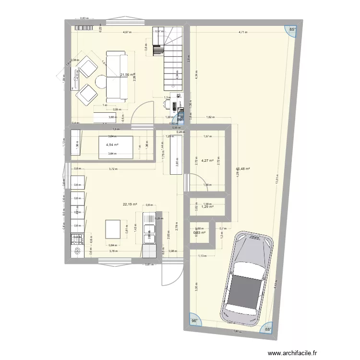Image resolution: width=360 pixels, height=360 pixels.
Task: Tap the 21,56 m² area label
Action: [127, 75]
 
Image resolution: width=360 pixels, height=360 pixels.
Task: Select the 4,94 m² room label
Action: [112, 144]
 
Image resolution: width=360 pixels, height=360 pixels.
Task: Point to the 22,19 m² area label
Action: [130, 204]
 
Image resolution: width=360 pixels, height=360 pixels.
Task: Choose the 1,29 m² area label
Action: [207, 207]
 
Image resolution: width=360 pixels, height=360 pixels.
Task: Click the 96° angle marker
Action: [194, 321]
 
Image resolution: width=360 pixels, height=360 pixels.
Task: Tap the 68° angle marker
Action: [268, 330]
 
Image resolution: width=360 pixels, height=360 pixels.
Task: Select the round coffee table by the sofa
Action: [102, 82]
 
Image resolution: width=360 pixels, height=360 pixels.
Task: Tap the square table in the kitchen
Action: [113, 229]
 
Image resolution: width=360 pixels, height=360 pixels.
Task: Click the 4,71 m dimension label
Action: [243, 33]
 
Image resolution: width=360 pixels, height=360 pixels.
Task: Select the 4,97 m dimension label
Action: [127, 33]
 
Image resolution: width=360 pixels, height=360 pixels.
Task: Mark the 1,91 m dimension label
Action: [236, 331]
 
